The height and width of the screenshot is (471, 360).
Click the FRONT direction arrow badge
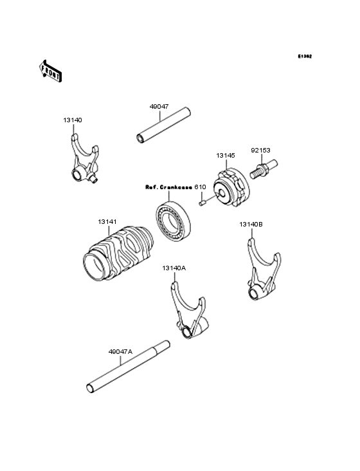click(51, 71)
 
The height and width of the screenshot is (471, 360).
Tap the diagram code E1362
click(305, 57)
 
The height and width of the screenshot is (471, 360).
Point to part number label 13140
click(72, 120)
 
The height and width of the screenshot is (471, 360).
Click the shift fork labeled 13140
click(82, 160)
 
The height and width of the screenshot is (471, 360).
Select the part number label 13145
click(225, 155)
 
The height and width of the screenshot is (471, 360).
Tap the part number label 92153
click(260, 149)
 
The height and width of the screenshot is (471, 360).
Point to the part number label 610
click(201, 187)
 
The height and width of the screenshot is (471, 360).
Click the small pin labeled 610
click(201, 203)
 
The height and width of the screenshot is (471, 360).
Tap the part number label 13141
click(107, 222)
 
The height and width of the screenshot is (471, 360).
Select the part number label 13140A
click(174, 267)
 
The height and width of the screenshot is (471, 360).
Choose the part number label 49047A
click(120, 351)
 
